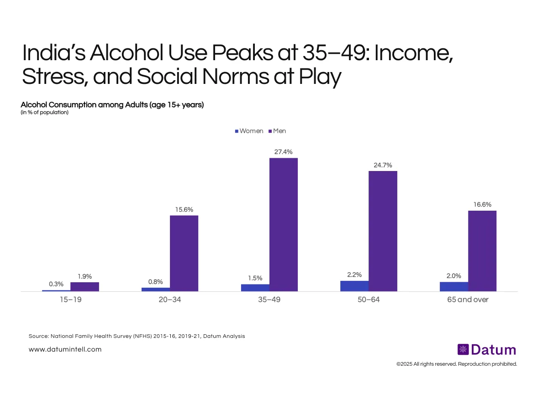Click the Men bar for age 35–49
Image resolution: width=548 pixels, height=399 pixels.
283,224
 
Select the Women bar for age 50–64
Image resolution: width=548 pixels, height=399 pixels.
354,286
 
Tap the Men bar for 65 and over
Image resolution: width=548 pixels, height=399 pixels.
482,251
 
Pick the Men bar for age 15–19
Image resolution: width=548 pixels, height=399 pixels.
84,286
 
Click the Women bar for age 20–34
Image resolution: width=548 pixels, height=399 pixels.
156,289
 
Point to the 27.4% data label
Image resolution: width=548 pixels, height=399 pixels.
283,152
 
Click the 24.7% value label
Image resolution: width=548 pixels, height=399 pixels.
383,165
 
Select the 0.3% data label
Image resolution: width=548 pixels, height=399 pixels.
56,284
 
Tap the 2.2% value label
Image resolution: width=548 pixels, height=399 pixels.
354,275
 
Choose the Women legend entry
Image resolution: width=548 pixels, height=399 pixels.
249,131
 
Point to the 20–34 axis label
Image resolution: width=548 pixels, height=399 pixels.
170,300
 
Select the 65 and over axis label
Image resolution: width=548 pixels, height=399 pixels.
468,300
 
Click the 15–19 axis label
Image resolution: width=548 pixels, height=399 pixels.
70,300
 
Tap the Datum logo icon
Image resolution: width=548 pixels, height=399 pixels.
463,350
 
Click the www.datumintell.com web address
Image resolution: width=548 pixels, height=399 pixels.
65,349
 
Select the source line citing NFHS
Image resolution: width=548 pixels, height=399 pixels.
137,336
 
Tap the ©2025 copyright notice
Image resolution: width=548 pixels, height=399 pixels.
457,364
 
